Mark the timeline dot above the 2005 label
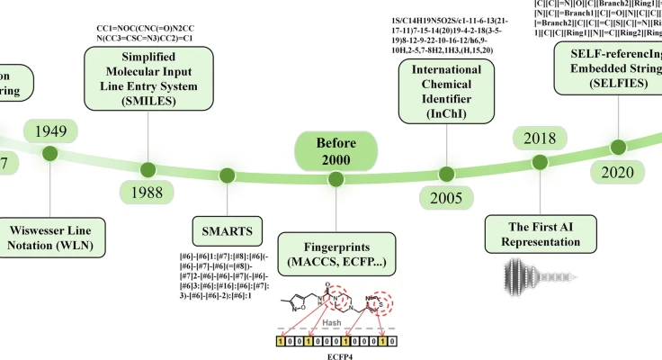443,170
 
